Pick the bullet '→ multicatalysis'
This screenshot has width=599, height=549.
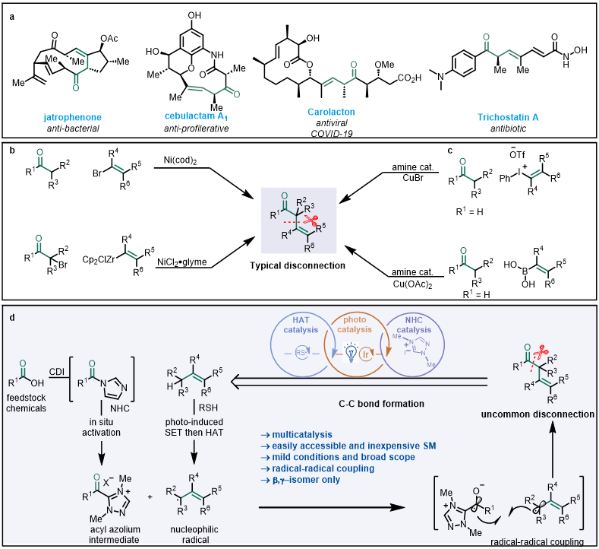[x=292, y=431]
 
